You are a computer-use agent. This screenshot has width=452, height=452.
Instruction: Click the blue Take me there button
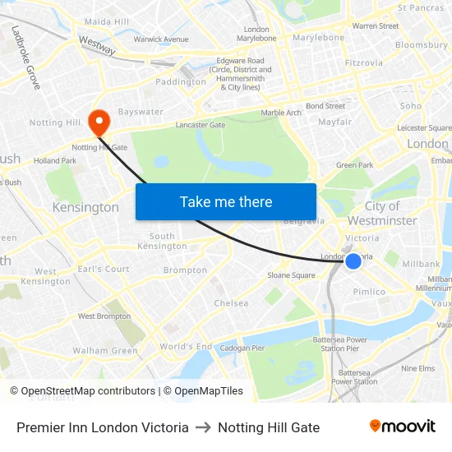click(x=226, y=201)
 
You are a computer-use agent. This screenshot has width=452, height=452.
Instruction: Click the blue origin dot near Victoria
click(x=353, y=261)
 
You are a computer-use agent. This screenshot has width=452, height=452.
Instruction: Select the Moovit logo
click(x=402, y=427)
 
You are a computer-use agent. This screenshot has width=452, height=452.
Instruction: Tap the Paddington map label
click(x=181, y=82)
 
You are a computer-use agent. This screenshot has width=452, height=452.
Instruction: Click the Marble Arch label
click(x=281, y=113)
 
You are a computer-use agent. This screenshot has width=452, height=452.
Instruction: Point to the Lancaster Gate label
click(x=200, y=126)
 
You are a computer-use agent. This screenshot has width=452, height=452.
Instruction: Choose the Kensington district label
click(x=85, y=207)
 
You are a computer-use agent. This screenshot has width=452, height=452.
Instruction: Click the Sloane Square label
click(x=291, y=275)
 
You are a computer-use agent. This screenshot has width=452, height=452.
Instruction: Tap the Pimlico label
click(x=369, y=292)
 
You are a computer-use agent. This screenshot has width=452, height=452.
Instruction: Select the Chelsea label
click(x=231, y=303)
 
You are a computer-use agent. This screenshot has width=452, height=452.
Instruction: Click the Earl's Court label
click(x=104, y=269)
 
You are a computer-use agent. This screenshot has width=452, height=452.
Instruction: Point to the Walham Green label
click(x=105, y=351)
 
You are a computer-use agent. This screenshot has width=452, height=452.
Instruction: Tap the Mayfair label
click(x=334, y=122)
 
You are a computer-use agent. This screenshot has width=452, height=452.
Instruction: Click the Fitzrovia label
click(x=363, y=62)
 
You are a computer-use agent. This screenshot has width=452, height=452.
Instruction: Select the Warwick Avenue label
click(x=161, y=39)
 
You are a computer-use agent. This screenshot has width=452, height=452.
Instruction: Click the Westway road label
click(x=97, y=44)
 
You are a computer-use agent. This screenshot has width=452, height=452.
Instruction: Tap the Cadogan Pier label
click(x=242, y=348)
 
